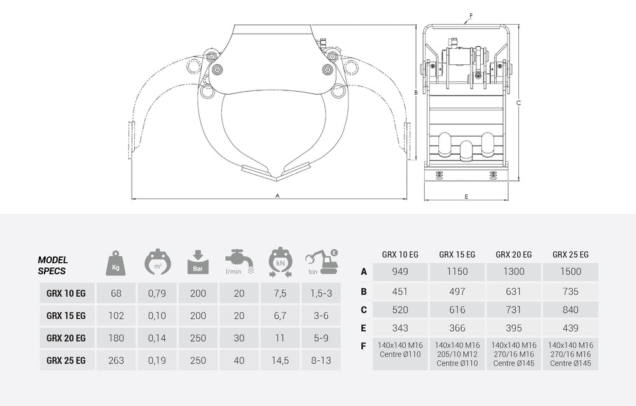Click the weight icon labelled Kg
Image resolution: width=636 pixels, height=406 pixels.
116,262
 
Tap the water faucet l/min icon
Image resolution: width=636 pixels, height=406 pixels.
238,260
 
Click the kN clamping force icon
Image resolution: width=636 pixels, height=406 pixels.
280,262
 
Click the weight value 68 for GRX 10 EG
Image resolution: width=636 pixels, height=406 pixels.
116,293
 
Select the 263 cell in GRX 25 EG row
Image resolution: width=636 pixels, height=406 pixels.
116,360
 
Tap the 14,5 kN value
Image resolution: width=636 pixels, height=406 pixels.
280,360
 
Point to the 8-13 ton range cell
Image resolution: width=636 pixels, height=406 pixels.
321,360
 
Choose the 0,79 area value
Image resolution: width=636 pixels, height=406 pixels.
156,293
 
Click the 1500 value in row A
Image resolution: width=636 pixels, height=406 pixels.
570,272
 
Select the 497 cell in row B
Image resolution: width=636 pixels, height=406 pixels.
457,291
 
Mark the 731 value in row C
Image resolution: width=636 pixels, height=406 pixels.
513,310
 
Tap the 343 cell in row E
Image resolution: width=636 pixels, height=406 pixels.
400,328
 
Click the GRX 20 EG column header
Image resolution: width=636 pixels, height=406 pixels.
513,254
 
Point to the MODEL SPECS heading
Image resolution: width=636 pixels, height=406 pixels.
53,265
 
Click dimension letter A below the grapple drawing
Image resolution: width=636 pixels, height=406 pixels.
277,196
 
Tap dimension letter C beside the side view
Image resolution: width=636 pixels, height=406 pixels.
519,102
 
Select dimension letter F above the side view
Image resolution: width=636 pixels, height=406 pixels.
471,15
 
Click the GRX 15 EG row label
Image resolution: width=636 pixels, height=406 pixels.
66,316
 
